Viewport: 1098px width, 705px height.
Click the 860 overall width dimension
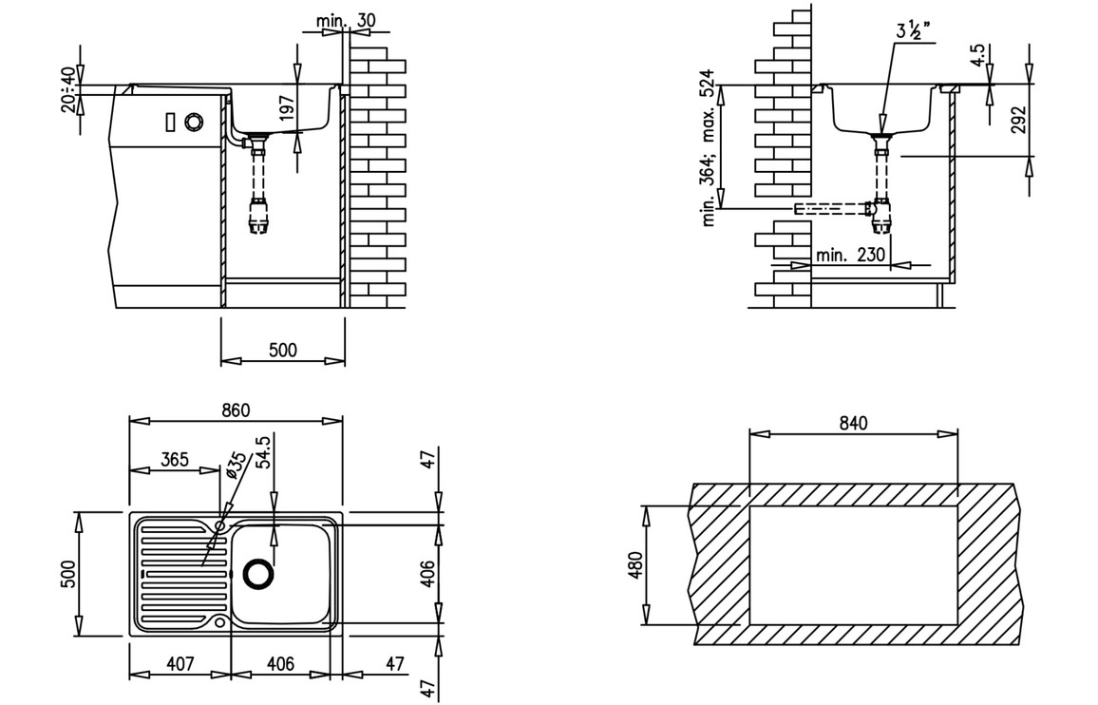236,410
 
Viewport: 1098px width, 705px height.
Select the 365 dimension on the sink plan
173,460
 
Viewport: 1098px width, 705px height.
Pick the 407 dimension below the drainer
180,664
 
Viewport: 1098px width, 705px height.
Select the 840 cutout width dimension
853,424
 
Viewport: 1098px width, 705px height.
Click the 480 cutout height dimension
637,564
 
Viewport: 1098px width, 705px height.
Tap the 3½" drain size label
912,29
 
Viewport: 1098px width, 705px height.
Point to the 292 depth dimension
1019,120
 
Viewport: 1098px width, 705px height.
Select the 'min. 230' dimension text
850,255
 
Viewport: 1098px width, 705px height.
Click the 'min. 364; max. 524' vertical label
709,149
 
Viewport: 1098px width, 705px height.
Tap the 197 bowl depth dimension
286,111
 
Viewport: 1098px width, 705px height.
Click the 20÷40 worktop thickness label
68,89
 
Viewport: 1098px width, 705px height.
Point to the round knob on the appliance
194,122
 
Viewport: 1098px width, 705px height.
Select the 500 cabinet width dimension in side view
282,350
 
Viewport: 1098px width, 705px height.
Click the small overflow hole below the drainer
219,623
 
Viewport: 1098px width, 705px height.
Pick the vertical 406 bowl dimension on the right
428,573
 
